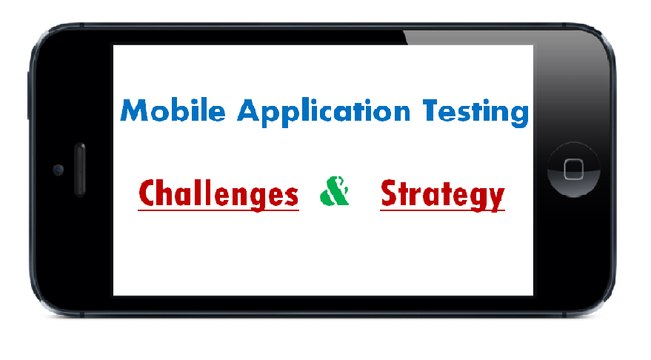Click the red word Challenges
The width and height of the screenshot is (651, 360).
tap(218, 193)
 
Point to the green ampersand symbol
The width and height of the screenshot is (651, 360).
tap(335, 190)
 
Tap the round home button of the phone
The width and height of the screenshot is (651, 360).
tap(573, 168)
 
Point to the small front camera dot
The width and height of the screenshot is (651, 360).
tap(57, 170)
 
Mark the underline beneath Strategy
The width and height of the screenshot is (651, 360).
tap(441, 211)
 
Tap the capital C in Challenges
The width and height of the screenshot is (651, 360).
tap(147, 193)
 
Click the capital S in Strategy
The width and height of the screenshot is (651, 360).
tap(389, 193)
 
